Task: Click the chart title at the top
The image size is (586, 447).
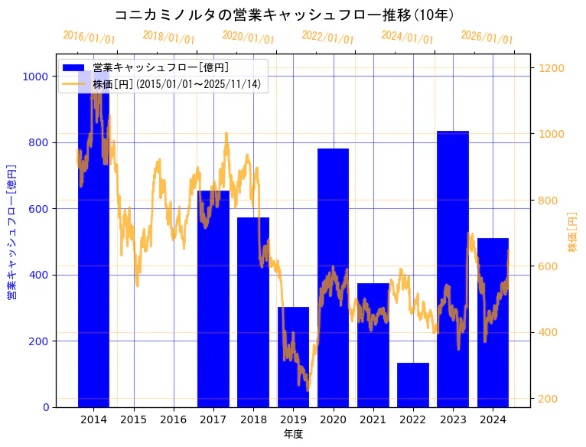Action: tap(284, 15)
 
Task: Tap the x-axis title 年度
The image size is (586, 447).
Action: tap(293, 434)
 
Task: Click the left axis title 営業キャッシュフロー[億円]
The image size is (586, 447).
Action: tap(11, 231)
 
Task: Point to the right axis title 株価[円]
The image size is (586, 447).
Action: tap(573, 231)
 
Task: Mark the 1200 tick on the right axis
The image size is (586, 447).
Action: tap(552, 68)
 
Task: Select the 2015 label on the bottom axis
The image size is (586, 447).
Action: tap(133, 419)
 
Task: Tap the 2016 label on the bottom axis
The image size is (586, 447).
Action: tap(173, 419)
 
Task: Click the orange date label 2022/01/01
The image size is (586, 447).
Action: tap(327, 38)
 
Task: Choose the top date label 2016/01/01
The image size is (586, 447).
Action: tap(89, 38)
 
